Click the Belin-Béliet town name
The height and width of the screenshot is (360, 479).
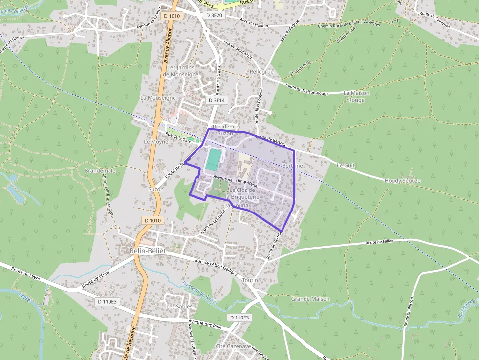click(148, 251)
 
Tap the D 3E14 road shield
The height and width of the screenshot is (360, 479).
click(216, 100)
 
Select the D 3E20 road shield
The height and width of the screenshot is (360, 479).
click(214, 15)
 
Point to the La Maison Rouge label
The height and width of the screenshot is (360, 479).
click(356, 96)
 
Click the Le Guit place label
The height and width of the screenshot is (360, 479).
click(346, 166)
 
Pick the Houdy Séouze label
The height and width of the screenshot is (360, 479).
click(402, 181)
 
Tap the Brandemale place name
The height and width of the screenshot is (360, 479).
click(100, 171)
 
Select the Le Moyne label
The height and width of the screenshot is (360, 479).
click(155, 142)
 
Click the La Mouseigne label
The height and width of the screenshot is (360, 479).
click(158, 98)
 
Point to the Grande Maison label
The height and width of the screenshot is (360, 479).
click(310, 299)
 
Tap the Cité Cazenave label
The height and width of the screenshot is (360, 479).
click(234, 346)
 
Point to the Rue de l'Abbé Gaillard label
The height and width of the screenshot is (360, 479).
click(216, 267)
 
